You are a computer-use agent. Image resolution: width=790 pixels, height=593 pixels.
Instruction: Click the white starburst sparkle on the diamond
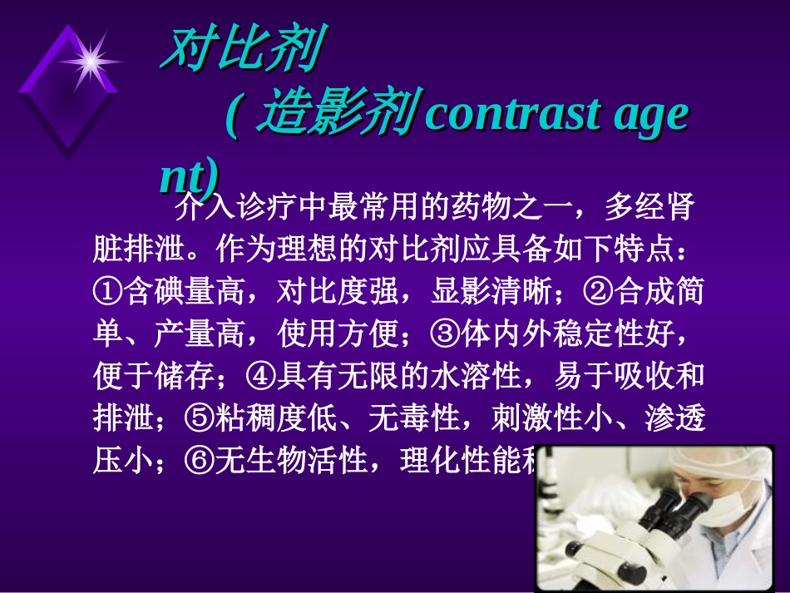89,60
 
